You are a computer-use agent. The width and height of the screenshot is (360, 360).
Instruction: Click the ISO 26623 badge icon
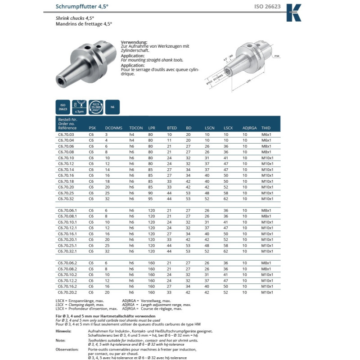63,107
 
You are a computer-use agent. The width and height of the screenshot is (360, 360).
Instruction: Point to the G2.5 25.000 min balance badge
96,107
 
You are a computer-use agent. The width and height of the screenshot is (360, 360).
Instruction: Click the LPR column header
152,128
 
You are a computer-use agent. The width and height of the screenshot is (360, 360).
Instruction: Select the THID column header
266,128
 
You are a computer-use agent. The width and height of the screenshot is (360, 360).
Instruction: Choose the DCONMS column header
113,128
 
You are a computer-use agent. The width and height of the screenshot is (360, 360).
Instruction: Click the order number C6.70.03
66,135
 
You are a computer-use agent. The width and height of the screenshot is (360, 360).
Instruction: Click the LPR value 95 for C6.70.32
151,198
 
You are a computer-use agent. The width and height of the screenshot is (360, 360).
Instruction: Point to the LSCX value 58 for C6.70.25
226,193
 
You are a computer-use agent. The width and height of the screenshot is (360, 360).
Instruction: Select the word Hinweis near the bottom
63,330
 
